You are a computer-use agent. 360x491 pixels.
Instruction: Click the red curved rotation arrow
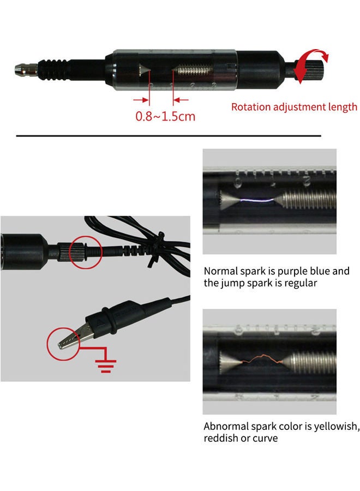[313, 62]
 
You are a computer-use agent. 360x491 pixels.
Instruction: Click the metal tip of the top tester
[20, 70]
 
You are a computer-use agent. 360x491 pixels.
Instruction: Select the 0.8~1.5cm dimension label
[165, 116]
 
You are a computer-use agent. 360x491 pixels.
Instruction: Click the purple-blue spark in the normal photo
[256, 202]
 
